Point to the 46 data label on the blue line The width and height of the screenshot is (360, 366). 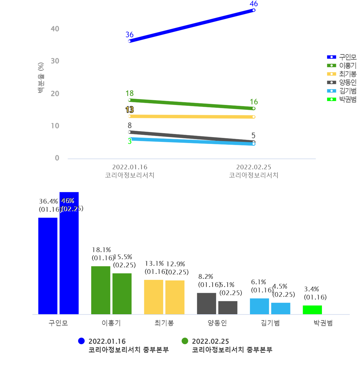(x=254, y=4)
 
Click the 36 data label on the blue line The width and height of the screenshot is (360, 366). (x=130, y=35)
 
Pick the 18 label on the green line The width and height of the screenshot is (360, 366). (x=130, y=93)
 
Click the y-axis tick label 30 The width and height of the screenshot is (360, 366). (x=55, y=61)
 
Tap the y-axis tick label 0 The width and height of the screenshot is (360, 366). (x=57, y=158)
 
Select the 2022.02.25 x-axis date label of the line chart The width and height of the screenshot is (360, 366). (x=253, y=167)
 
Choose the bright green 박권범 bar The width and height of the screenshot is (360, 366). (x=312, y=310)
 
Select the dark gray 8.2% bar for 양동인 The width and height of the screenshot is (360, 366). (x=206, y=304)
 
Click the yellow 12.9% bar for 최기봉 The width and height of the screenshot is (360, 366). (x=175, y=297)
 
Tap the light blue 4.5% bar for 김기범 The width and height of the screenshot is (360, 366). (x=281, y=308)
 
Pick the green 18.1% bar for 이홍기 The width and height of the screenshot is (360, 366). (x=101, y=290)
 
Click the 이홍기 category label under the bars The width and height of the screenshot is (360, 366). (x=111, y=323)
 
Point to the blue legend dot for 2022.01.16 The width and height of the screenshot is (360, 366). (x=81, y=341)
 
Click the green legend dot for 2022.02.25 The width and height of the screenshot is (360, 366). (x=185, y=341)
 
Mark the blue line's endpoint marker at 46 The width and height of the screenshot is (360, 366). (x=254, y=10)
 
